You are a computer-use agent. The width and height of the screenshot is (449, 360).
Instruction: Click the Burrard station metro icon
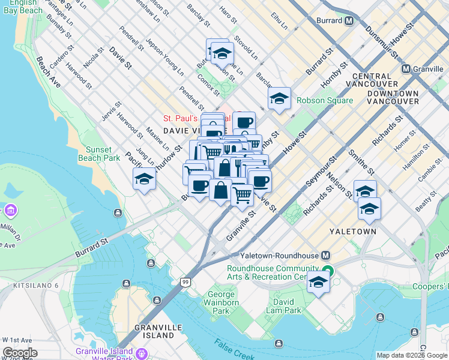pyautogui.click(x=348, y=20)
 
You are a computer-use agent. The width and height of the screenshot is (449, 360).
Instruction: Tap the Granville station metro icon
pyautogui.click(x=406, y=69)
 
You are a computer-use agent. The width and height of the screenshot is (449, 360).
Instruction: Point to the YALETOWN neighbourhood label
pyautogui.click(x=352, y=231)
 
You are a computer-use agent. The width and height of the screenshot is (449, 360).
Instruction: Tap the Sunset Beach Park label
pyautogui.click(x=98, y=154)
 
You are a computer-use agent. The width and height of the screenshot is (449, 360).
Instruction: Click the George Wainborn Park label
pyautogui.click(x=221, y=303)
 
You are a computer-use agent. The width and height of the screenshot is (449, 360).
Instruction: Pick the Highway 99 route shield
pyautogui.click(x=186, y=282)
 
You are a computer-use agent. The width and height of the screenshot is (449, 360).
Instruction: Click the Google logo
pyautogui.click(x=20, y=353)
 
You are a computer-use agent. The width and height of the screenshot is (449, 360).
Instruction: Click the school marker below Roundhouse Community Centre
pyautogui.click(x=318, y=283)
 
